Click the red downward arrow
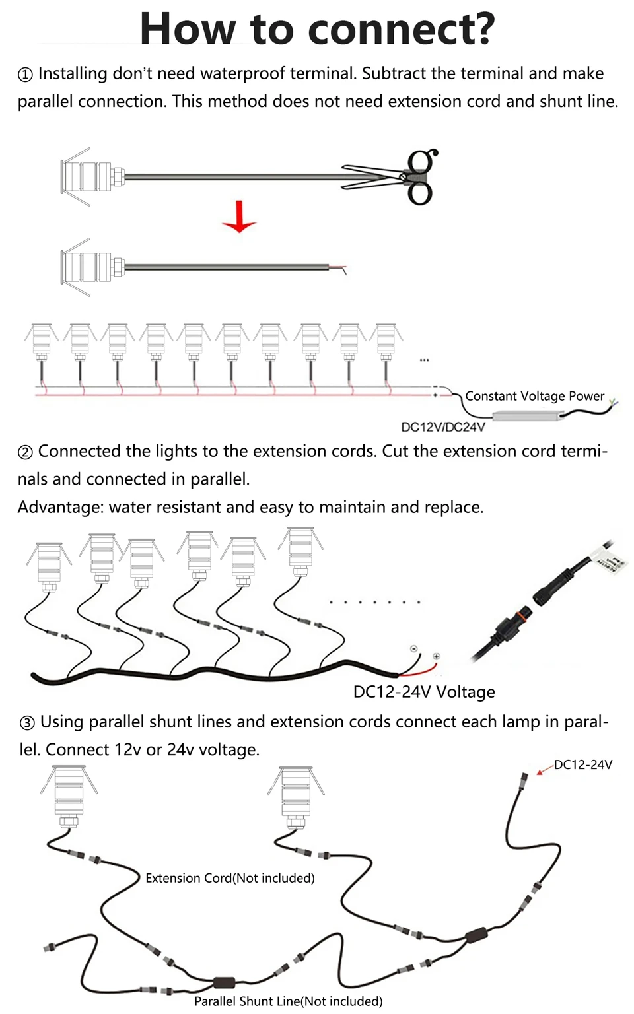click(239, 218)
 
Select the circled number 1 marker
click(25, 75)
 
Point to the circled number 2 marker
click(25, 452)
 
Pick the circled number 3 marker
click(27, 723)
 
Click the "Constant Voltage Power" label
click(534, 396)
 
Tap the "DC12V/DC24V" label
click(443, 427)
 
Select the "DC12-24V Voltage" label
click(424, 692)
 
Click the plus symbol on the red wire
click(437, 656)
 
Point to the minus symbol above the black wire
click(414, 648)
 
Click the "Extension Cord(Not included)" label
click(230, 878)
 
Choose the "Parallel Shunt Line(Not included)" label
click(288, 1001)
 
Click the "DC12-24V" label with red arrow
click(582, 764)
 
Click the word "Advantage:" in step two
click(61, 507)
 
